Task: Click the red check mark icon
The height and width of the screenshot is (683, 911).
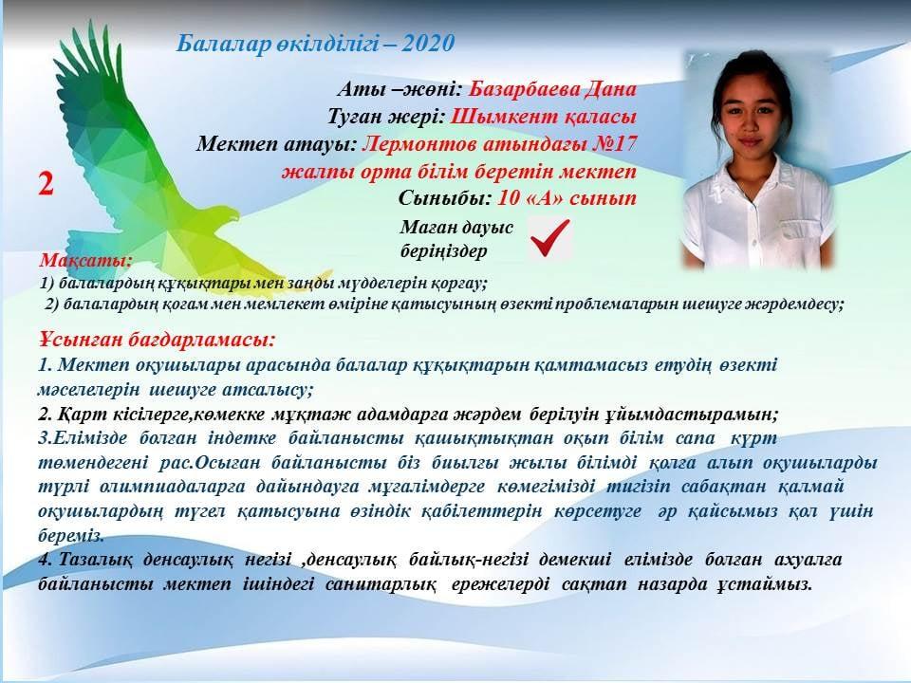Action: point(549,237)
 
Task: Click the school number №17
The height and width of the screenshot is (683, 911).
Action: point(614,143)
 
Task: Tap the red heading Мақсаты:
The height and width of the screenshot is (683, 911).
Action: point(86,260)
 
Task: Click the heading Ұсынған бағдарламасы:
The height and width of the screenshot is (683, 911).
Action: point(157,340)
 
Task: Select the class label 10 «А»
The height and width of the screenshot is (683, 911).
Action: point(530,198)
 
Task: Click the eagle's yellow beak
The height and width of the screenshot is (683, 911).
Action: point(232,215)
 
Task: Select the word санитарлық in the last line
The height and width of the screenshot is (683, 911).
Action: point(381,583)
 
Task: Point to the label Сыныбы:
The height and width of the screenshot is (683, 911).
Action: point(445,198)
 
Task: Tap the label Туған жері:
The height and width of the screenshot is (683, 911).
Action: point(386,117)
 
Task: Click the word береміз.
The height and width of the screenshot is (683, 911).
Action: point(71,535)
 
